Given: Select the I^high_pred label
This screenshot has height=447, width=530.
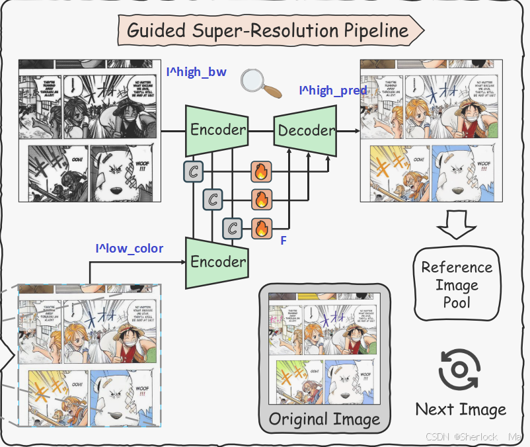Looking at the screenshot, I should point(333,90).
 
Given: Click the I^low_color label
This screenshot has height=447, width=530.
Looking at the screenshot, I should point(130,249).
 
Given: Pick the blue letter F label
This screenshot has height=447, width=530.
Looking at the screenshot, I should point(284,241).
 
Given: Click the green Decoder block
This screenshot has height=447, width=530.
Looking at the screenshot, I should point(306,130).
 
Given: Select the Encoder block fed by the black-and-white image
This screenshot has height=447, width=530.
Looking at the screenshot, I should point(217,130).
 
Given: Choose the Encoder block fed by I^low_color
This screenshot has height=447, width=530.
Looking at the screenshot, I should point(217,261).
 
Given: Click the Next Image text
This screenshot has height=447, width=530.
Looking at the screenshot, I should point(461,409).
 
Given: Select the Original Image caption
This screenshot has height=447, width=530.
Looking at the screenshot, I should point(324,419).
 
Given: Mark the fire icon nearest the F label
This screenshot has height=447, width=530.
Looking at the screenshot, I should point(262,229).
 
